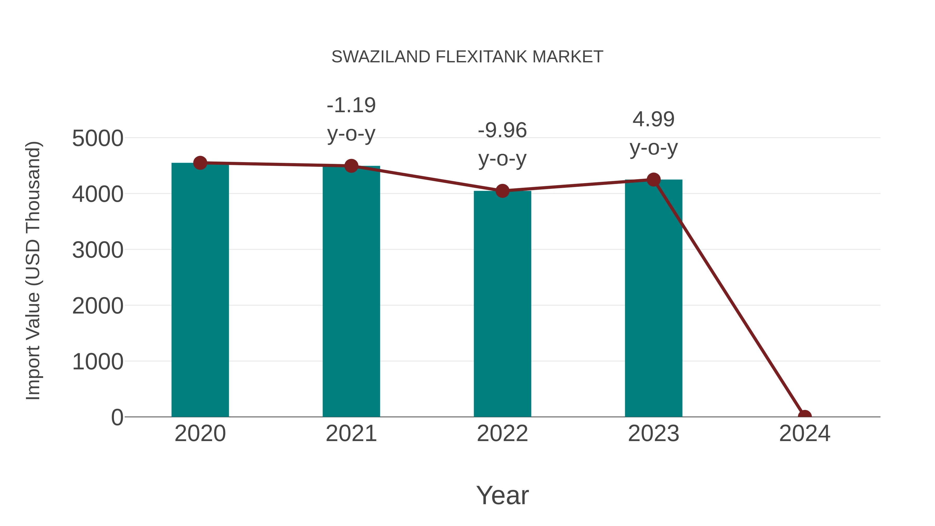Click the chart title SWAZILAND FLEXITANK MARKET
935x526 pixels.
click(467, 57)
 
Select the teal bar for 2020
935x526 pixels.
click(200, 290)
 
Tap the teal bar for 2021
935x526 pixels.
click(351, 290)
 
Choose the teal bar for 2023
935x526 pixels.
click(653, 298)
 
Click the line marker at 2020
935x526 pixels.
click(200, 163)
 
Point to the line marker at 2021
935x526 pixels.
click(351, 166)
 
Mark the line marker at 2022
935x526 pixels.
click(502, 191)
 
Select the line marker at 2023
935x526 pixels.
click(653, 179)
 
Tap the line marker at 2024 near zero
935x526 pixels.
click(805, 416)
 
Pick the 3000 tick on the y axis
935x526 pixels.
click(98, 250)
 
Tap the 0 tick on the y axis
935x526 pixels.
click(117, 417)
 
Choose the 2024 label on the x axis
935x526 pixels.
click(805, 434)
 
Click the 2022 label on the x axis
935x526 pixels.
click(502, 434)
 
